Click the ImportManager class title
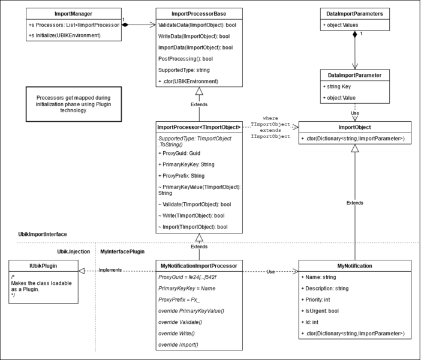pyautogui.click(x=64, y=13)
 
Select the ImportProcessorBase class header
pyautogui.click(x=199, y=13)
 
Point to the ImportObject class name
pyautogui.click(x=355, y=127)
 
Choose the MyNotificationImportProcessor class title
pyautogui.click(x=199, y=265)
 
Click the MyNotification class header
pyautogui.click(x=355, y=265)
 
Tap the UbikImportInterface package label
pyautogui.click(x=43, y=233)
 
